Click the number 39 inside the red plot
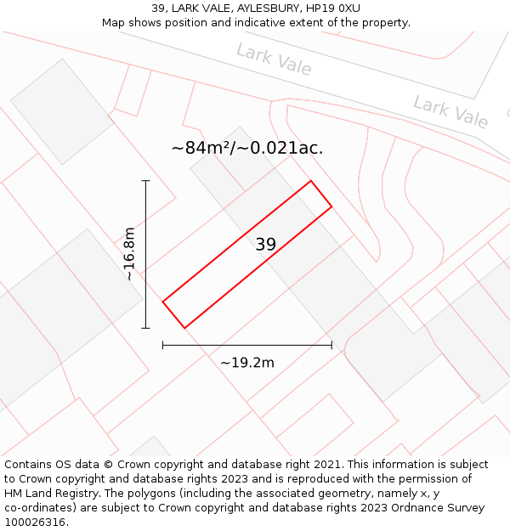coord(265,245)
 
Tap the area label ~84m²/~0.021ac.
coord(247,148)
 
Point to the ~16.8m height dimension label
coord(128,254)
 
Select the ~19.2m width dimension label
coord(247,363)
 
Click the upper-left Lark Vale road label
coord(274,59)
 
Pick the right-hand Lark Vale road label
coord(450,112)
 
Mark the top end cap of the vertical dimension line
coord(145,181)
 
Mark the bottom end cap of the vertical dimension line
coord(145,328)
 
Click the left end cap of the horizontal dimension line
coord(162,345)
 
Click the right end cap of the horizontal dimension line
coord(331,345)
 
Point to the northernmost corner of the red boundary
coord(310,181)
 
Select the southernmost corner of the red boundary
coord(184,328)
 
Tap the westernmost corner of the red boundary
coord(162,301)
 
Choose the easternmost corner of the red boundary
coord(331,206)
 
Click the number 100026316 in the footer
coord(34,523)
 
